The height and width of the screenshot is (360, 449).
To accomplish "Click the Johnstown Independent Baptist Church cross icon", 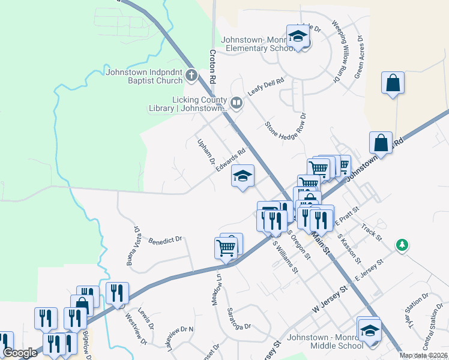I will click(x=191, y=76).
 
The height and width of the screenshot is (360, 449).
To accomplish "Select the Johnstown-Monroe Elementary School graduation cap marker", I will click(x=297, y=37).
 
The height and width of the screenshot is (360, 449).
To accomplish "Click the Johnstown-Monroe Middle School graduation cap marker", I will click(x=369, y=330).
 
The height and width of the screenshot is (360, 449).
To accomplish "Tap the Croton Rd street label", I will click(x=212, y=66).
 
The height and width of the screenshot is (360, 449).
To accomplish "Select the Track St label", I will click(x=371, y=233).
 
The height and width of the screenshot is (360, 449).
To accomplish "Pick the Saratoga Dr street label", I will click(x=238, y=319).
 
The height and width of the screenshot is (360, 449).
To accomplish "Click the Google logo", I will click(x=20, y=353).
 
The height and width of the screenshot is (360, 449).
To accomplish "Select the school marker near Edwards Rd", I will click(x=243, y=176).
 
